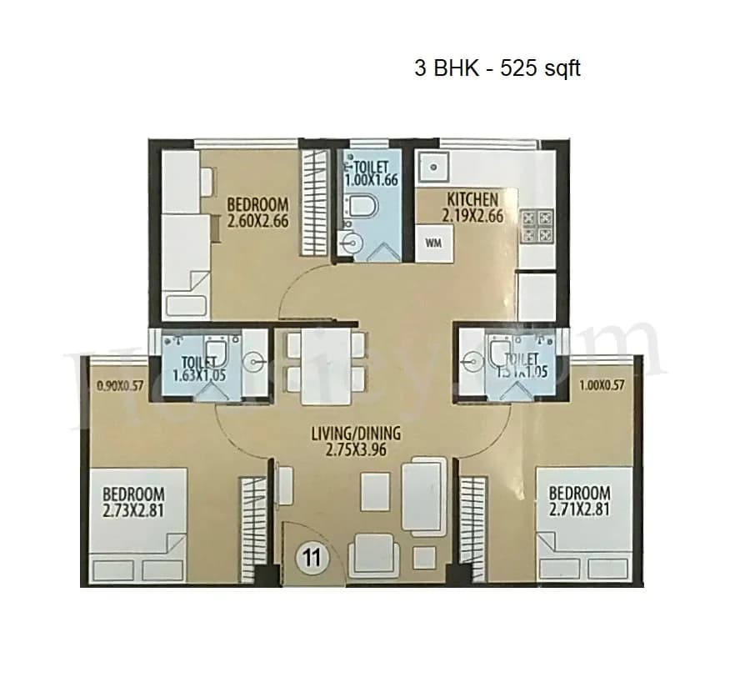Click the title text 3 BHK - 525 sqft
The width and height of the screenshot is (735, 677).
coord(497,68)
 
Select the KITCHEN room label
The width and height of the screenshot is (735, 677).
coord(472,199)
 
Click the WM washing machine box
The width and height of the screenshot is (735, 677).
coord(433,243)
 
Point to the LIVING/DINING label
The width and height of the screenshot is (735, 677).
coord(356,434)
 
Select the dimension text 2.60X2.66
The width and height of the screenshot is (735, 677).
coord(257,222)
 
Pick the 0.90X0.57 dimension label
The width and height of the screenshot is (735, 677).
coord(121,386)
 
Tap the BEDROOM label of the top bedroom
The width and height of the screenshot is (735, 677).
coord(257,205)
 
